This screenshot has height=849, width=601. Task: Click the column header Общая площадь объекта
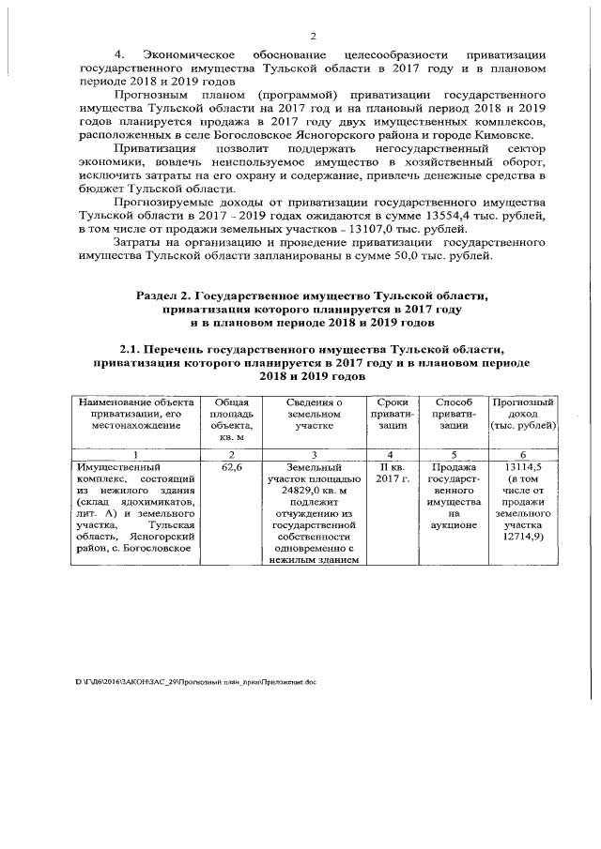coord(225,419)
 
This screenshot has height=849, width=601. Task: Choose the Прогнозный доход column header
coord(524,413)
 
